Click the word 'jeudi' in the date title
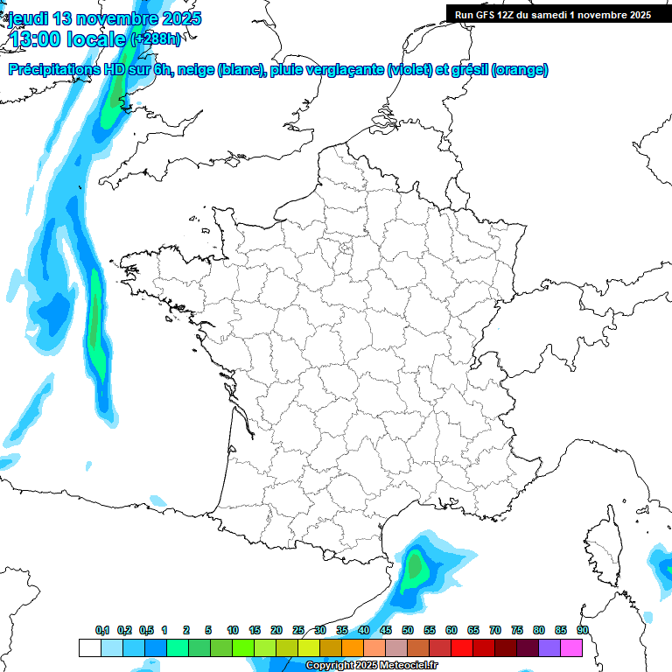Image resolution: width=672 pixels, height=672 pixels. pyautogui.click(x=28, y=18)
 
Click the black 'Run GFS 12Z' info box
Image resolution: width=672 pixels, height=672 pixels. pyautogui.click(x=552, y=14)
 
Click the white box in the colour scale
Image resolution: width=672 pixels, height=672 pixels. pyautogui.click(x=89, y=647)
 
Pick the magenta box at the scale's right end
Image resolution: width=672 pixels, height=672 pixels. pyautogui.click(x=571, y=647)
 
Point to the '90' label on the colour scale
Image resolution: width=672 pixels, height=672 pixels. pyautogui.click(x=582, y=631)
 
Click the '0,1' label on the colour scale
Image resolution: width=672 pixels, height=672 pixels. pyautogui.click(x=102, y=631)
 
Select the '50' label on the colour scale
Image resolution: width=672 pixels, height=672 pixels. pyautogui.click(x=408, y=631)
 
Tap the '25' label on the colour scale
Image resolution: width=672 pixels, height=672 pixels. pyautogui.click(x=298, y=631)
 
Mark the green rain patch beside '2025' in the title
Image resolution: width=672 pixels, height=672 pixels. pyautogui.click(x=111, y=109)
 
